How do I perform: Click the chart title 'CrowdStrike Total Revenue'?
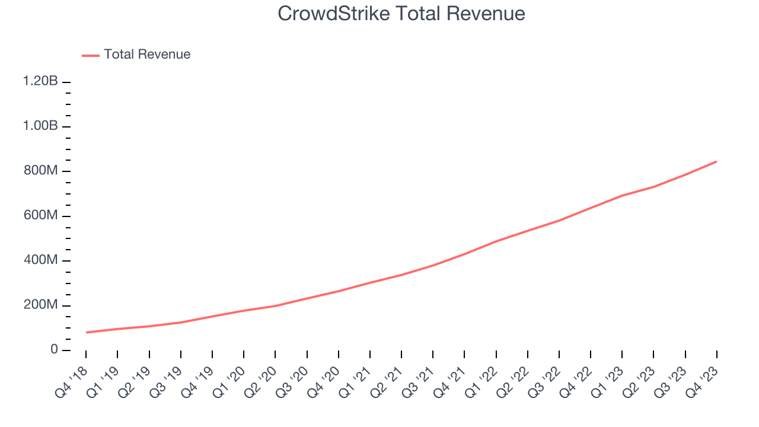[x=401, y=14]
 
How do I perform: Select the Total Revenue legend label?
[x=147, y=55]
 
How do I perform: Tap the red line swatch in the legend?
[x=91, y=55]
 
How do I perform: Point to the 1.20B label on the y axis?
[x=40, y=81]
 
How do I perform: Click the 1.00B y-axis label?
[x=40, y=126]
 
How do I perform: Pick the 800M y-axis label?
[x=40, y=171]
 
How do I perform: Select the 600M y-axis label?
[x=40, y=216]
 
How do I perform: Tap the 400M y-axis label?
[x=40, y=260]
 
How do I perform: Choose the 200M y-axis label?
[x=40, y=305]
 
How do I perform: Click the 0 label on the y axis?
[x=53, y=350]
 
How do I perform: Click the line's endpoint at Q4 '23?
[x=716, y=161]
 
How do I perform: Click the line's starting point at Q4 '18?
[x=87, y=332]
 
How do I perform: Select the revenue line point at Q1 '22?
[x=496, y=241]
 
